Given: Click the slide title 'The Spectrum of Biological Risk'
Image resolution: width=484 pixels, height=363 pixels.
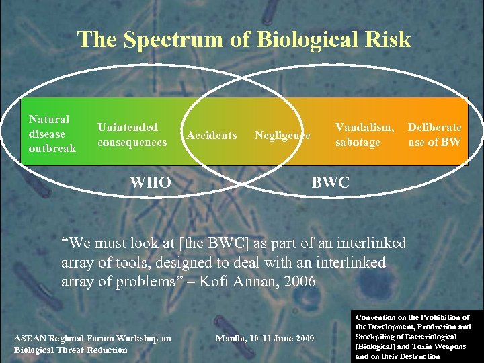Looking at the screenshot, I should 243,40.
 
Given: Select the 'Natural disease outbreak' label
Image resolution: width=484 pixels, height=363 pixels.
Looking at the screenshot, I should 52,133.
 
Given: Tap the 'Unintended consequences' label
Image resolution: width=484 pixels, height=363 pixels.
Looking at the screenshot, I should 132,134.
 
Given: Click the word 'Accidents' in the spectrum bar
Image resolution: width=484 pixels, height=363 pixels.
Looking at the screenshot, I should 211,136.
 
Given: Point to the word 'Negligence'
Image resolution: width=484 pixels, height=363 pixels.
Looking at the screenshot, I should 282,136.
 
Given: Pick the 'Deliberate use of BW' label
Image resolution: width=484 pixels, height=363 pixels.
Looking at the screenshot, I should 435,134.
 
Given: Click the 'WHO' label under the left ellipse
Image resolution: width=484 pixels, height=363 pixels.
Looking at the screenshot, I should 150,182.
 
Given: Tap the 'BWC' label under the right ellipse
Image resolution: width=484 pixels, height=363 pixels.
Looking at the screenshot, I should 331,182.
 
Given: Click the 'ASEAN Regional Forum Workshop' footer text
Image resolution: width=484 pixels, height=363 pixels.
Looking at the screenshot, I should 93,339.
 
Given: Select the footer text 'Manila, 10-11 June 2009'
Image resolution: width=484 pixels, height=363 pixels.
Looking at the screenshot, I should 264,337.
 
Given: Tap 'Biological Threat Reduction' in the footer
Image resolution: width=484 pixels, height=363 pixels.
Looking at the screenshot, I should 71,350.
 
